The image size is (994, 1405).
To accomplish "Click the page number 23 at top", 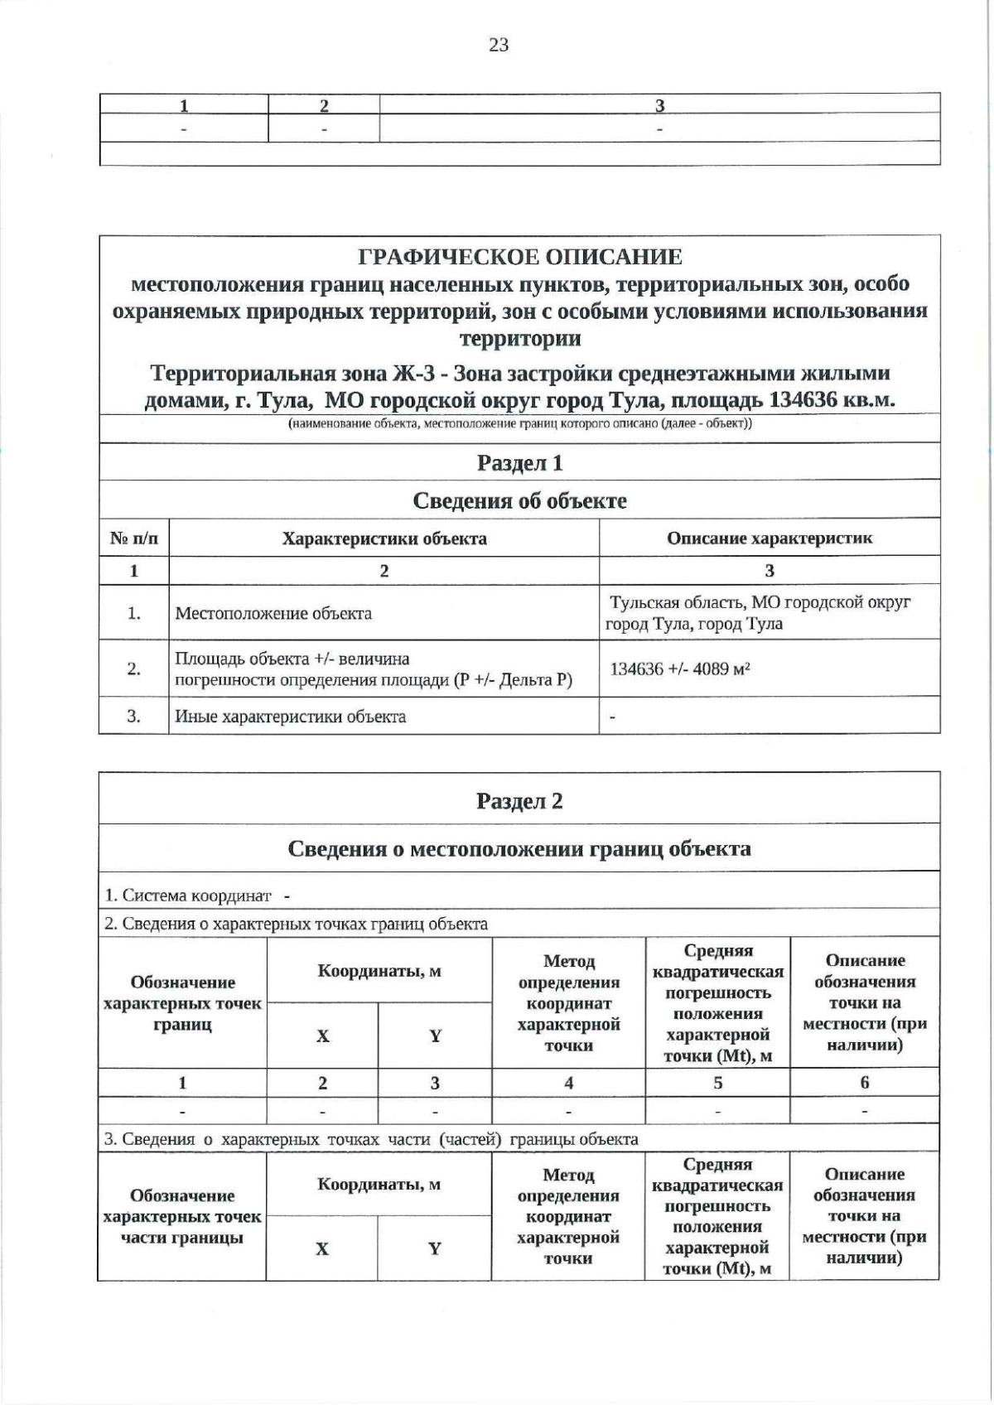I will [499, 46].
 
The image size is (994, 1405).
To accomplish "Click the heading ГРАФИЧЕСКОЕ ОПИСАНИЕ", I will [519, 257].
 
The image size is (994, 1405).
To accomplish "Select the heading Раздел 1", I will [519, 463].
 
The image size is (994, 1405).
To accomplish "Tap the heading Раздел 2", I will [519, 801].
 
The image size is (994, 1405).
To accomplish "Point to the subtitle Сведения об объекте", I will [519, 500].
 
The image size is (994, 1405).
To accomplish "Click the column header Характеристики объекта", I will [384, 538].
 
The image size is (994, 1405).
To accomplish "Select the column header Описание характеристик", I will [770, 538].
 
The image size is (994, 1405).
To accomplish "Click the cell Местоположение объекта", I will [273, 614].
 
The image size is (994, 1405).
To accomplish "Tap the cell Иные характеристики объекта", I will [290, 717].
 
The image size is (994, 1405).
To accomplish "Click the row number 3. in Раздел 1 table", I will [134, 716].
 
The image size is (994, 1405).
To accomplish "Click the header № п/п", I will [134, 538].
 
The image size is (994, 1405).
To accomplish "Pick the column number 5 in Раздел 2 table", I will [717, 1083].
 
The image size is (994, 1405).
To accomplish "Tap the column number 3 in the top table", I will [659, 105].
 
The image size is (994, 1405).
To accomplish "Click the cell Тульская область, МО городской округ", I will [760, 602].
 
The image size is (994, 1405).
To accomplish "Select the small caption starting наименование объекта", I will [519, 424].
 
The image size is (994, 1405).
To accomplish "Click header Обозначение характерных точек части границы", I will [182, 1217].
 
